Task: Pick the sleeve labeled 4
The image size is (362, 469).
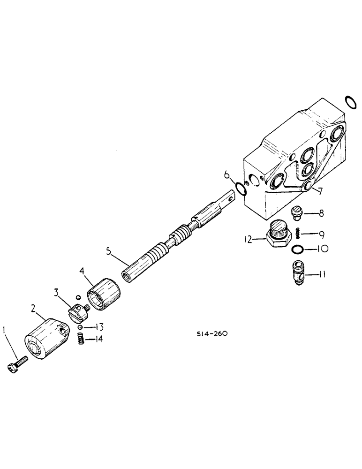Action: coord(105,295)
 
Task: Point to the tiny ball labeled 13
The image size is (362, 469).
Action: coord(81,327)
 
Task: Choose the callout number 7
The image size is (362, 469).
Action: coord(319,190)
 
